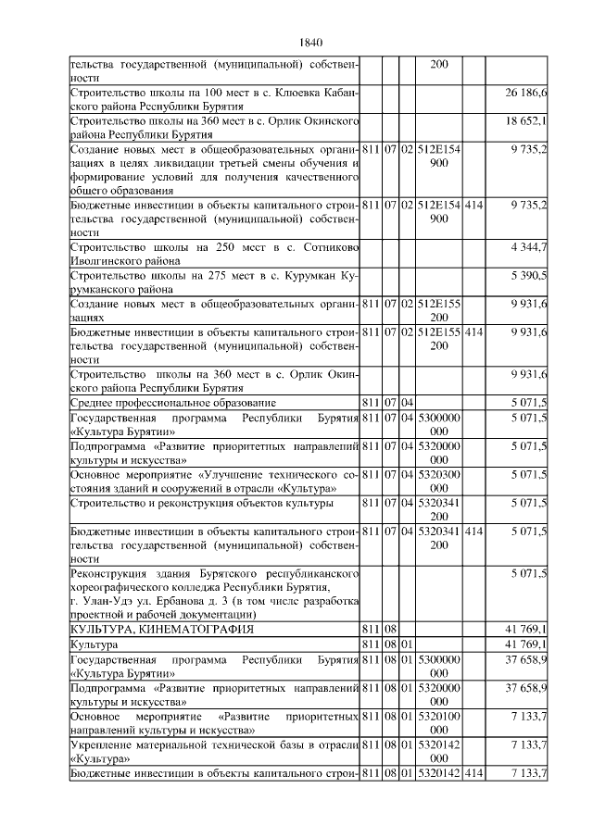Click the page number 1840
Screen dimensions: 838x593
[x=311, y=43]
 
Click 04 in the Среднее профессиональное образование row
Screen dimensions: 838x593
[x=406, y=403]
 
